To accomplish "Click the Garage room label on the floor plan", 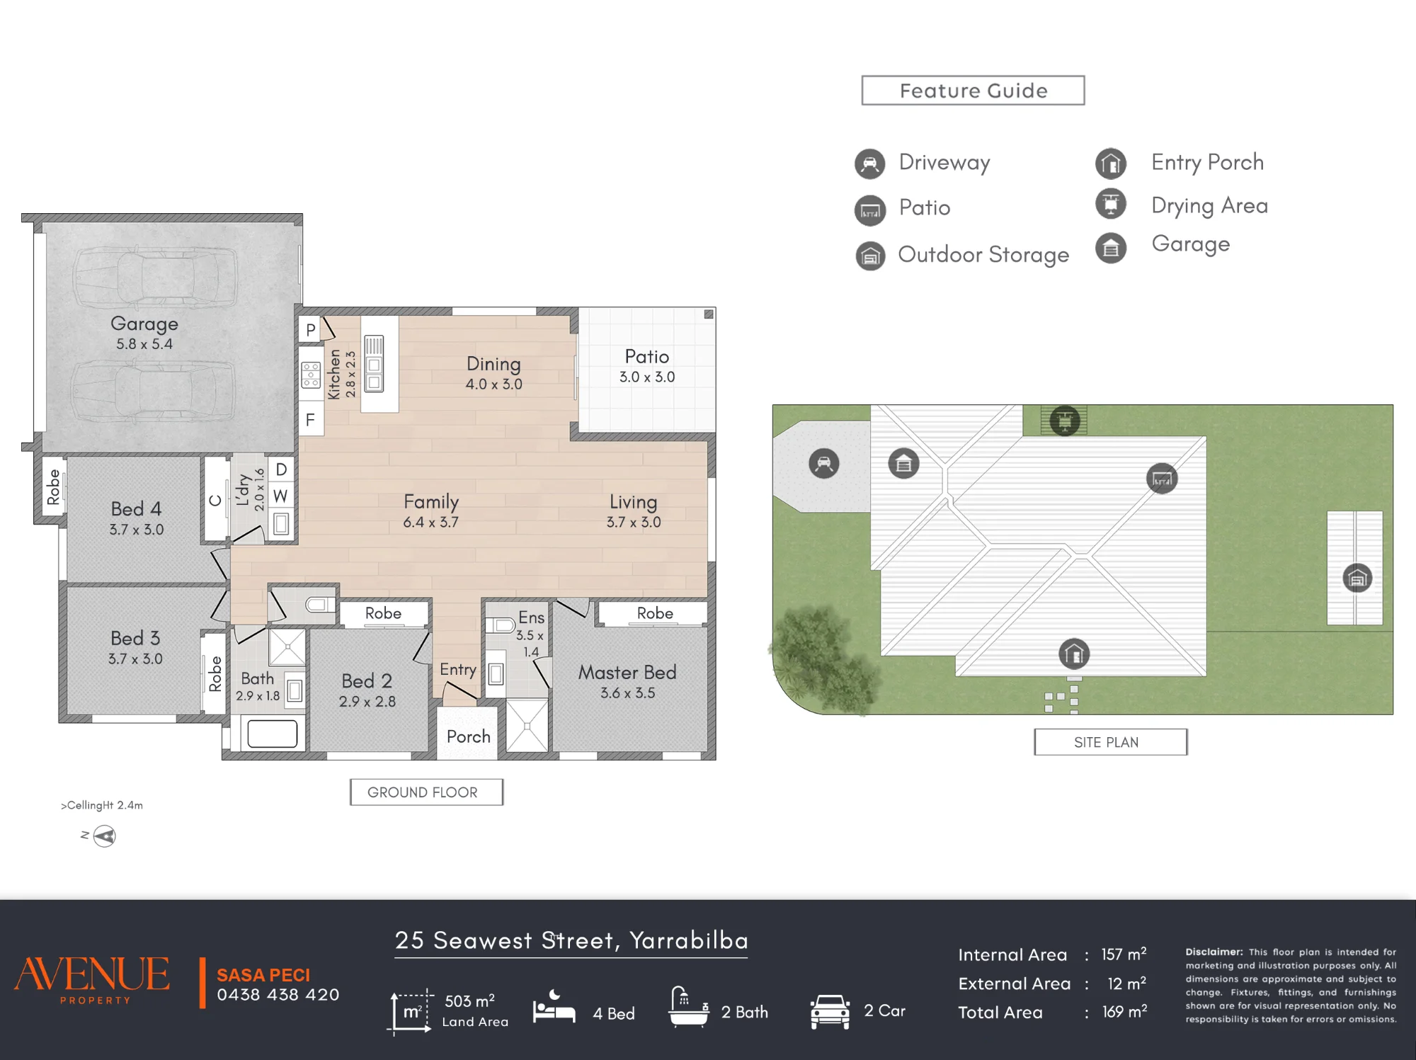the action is tap(144, 324).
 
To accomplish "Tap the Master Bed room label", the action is tap(627, 672).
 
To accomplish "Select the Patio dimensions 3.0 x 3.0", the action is tap(647, 377).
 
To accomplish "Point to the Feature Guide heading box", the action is tap(973, 91).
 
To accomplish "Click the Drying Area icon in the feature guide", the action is tap(1111, 204).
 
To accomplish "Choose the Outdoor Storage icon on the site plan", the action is tap(1357, 578).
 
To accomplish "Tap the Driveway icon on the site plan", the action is tap(823, 464).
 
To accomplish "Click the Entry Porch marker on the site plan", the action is tap(1074, 654).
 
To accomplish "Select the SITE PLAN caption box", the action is tap(1110, 742).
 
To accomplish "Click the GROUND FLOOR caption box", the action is tap(426, 792).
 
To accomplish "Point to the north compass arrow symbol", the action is tap(104, 836).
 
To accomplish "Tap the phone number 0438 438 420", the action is tap(278, 995).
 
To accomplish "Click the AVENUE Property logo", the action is tap(92, 979).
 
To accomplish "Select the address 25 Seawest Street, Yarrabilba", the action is tap(571, 940).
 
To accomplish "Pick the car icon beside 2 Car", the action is tap(830, 1012).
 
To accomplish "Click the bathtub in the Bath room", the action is tap(273, 734).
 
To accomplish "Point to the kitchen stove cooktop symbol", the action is tap(311, 375).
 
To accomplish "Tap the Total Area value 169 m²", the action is tap(1124, 1012).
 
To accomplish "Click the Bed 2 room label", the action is tap(367, 681).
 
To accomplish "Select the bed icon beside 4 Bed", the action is tap(554, 1007).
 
